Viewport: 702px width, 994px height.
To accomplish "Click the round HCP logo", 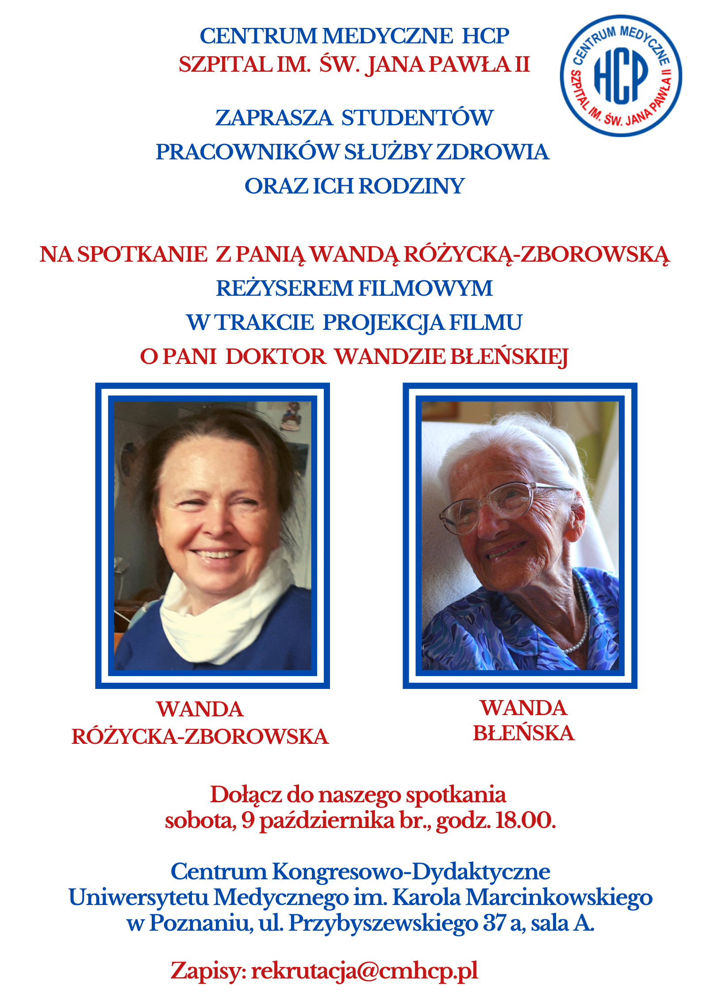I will coord(621,76).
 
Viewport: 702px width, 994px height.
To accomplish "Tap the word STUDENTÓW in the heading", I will coord(417,118).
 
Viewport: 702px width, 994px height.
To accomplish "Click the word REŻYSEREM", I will coord(284,289).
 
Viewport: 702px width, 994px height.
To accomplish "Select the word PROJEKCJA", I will coord(384,323).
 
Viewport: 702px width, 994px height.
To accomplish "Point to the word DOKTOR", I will coord(276,357).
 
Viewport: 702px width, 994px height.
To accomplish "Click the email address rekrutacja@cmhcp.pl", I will coord(364,971).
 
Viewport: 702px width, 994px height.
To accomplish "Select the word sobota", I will coord(200,820).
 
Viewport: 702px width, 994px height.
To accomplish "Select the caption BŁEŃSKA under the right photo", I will coord(524,734).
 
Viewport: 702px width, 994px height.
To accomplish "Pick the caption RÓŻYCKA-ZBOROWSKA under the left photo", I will coord(200,737).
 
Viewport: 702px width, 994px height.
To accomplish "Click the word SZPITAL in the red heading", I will coord(226,65).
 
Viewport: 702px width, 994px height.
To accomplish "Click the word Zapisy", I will coord(208,971).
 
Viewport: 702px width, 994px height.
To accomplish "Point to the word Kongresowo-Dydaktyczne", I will coord(411,872).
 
